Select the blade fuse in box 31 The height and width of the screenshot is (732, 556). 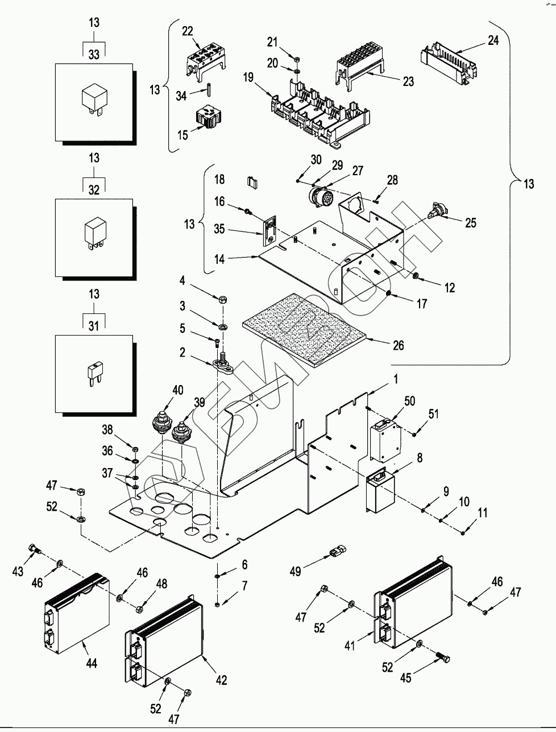(93, 373)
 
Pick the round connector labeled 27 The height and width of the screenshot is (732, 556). (318, 198)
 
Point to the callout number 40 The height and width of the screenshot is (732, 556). (177, 390)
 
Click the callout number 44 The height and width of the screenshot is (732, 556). (91, 663)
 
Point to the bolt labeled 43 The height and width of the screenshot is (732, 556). (34, 549)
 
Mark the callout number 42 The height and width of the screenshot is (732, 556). (221, 679)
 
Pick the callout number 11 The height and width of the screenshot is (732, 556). (483, 513)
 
